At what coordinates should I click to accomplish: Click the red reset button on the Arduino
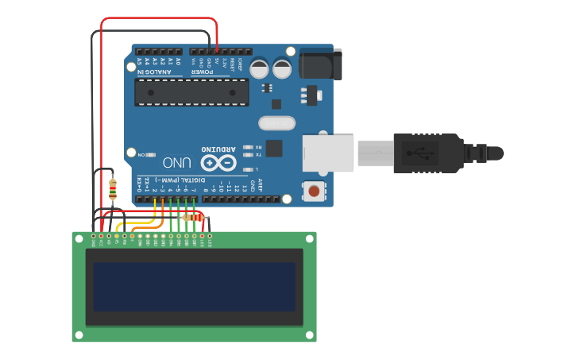(x=315, y=191)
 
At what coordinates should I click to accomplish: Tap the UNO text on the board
(x=177, y=162)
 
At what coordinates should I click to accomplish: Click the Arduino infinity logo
(x=218, y=163)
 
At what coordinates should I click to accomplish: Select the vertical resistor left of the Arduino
(x=112, y=189)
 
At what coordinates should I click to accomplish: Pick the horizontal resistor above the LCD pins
(x=191, y=217)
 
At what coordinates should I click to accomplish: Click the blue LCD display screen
(x=194, y=287)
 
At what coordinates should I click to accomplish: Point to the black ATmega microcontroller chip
(x=191, y=92)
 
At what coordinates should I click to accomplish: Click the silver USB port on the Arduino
(x=327, y=153)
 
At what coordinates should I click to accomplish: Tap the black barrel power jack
(x=321, y=64)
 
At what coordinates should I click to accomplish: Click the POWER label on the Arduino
(x=202, y=72)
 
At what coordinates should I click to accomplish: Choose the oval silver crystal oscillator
(x=276, y=123)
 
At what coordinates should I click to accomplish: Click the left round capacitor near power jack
(x=260, y=68)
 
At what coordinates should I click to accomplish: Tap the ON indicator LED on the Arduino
(x=150, y=154)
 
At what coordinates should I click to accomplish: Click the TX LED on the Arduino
(x=249, y=156)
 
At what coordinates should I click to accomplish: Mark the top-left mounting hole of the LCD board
(x=78, y=238)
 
